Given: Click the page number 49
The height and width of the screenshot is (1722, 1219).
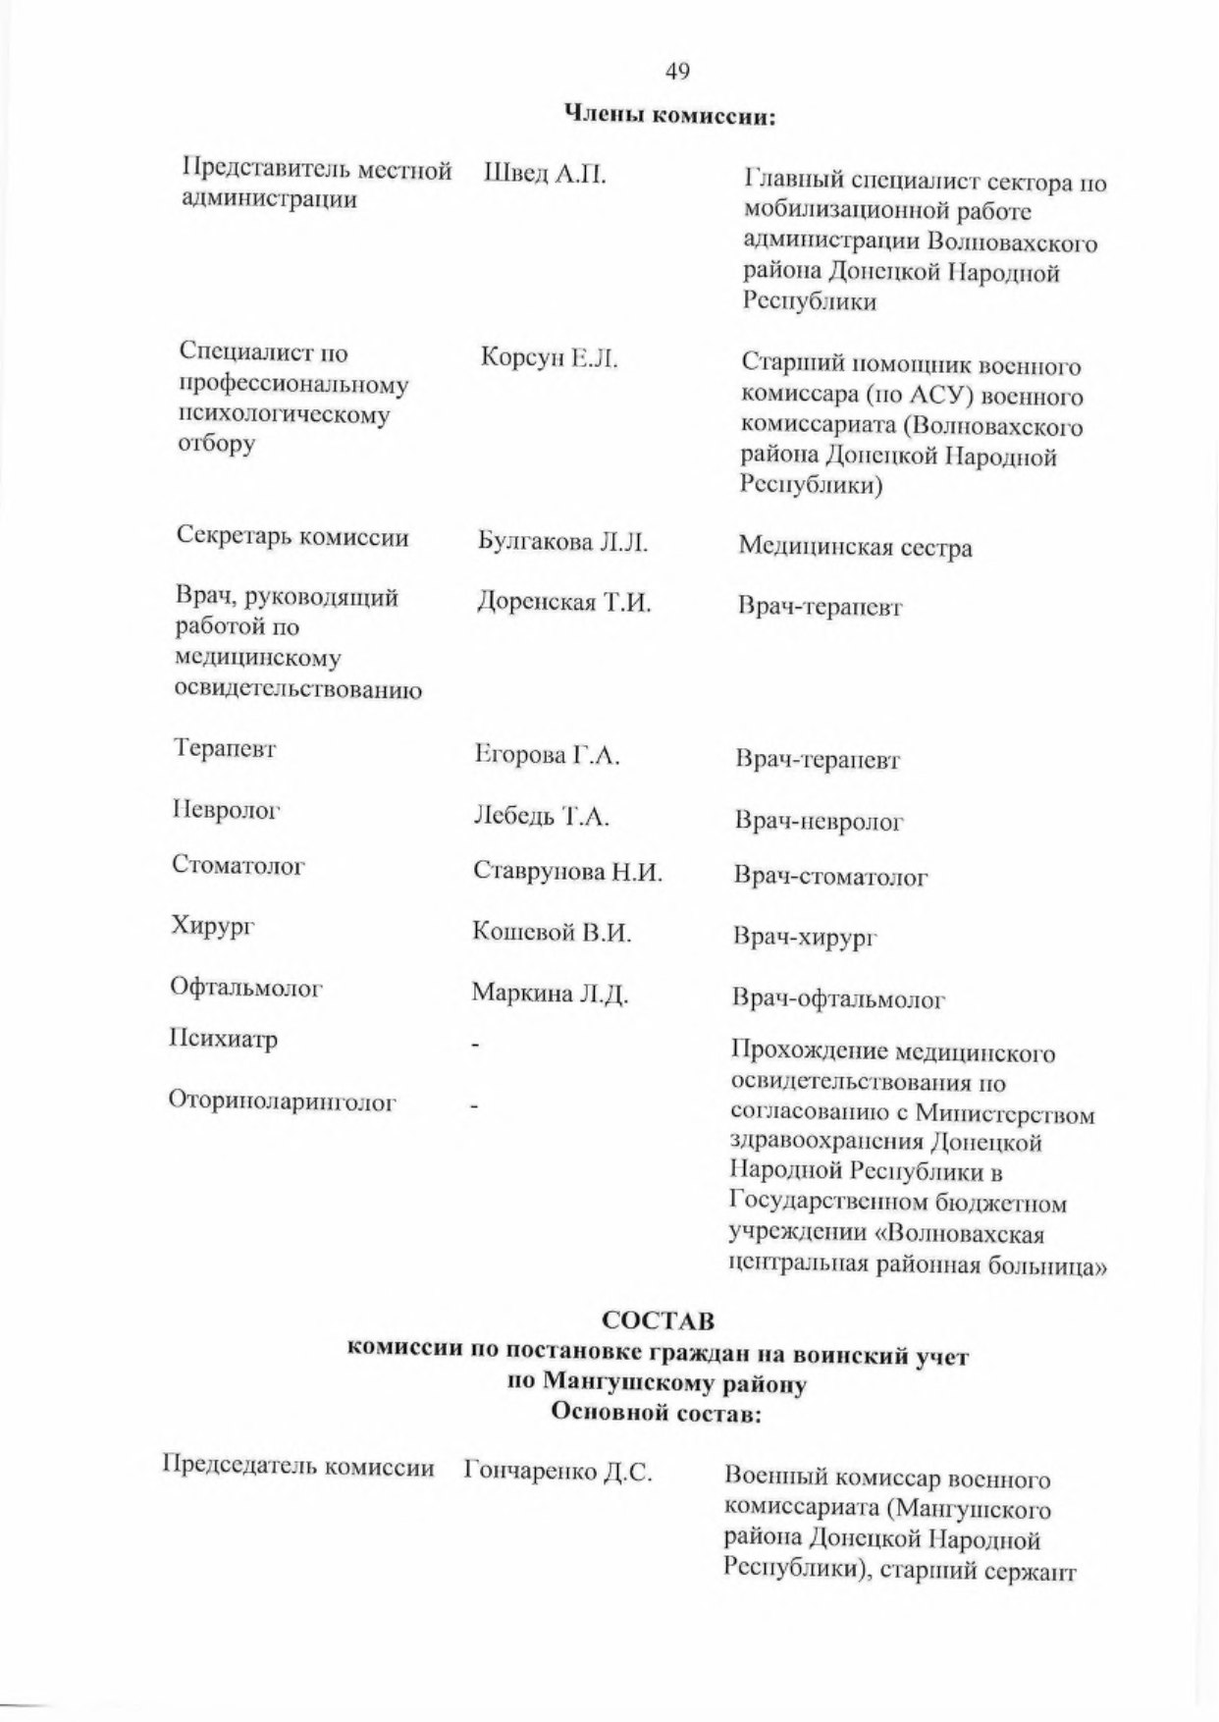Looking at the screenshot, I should click(x=677, y=71).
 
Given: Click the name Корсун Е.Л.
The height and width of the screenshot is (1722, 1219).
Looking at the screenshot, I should click(x=550, y=358).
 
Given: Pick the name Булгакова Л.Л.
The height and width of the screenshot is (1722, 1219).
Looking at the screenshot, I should click(x=562, y=542).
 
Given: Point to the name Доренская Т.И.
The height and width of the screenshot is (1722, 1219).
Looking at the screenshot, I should click(x=563, y=602).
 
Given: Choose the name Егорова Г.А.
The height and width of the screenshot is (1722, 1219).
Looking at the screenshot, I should click(x=548, y=755).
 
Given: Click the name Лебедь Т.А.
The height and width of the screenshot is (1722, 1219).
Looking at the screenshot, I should click(x=541, y=816).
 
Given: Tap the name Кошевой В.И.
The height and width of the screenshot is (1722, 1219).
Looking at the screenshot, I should click(x=552, y=932).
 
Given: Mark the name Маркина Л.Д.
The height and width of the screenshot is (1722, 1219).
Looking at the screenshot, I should click(x=550, y=994).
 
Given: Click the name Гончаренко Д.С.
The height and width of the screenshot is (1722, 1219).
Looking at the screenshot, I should click(x=557, y=1472).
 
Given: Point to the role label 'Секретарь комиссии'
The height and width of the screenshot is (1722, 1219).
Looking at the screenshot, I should click(x=292, y=537).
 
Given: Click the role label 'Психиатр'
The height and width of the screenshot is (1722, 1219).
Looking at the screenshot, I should click(x=224, y=1039).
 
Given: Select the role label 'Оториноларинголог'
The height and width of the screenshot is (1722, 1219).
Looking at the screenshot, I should click(x=283, y=1102).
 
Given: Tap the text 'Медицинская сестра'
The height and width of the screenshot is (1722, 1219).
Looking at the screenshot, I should click(x=855, y=547).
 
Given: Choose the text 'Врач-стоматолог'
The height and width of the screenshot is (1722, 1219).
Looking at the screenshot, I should click(x=830, y=877).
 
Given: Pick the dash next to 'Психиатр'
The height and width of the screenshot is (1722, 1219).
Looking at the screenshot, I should click(x=474, y=1048).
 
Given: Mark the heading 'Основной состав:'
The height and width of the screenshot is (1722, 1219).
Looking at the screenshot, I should click(x=657, y=1413).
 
